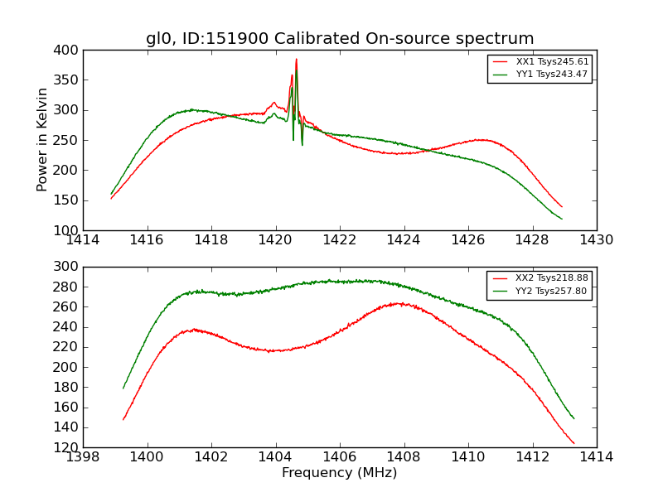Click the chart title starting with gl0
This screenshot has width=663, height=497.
coord(340,39)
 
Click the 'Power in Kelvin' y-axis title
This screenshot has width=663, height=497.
coord(42,139)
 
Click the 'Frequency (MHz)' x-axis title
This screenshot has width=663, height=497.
coord(340,473)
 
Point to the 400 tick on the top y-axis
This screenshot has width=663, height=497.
coord(69,51)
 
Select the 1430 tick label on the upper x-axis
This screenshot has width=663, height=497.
coord(596,240)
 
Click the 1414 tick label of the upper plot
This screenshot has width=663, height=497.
coord(83,240)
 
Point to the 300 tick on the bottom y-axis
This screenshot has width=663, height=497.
coord(69,267)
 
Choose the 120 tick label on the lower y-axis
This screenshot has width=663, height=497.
coord(69,447)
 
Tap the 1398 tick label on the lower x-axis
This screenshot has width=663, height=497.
coord(83,457)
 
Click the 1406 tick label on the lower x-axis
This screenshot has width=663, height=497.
coord(340,457)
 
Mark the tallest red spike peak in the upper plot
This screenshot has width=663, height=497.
coord(296,59)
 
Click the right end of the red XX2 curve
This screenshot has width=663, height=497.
coord(573,443)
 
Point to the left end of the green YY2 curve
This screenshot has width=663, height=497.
coord(123,388)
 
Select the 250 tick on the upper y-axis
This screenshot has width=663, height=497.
coord(69,140)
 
